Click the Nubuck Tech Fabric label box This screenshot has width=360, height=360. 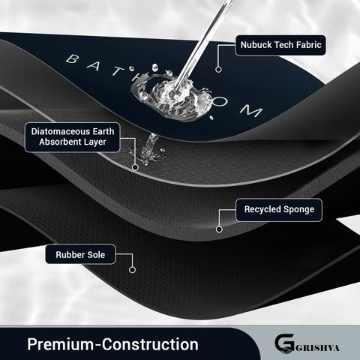[x=280, y=45]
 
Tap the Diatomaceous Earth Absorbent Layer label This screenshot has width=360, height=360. [x=73, y=137]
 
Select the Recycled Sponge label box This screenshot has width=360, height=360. [x=279, y=210]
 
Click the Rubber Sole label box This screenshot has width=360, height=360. [x=80, y=254]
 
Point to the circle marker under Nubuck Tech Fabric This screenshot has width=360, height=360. [x=218, y=69]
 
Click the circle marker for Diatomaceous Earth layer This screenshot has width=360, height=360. [x=135, y=167]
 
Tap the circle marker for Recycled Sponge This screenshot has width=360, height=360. [x=219, y=229]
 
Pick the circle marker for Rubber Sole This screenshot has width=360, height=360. [x=132, y=270]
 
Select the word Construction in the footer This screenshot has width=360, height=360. [x=150, y=344]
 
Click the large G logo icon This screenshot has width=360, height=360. [x=284, y=343]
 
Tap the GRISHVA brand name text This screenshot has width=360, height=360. [x=317, y=348]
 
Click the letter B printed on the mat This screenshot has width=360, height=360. [x=73, y=59]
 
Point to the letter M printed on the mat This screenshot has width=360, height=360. [x=251, y=111]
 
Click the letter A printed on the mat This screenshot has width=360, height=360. [x=94, y=65]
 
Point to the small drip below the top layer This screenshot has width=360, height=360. [x=149, y=148]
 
